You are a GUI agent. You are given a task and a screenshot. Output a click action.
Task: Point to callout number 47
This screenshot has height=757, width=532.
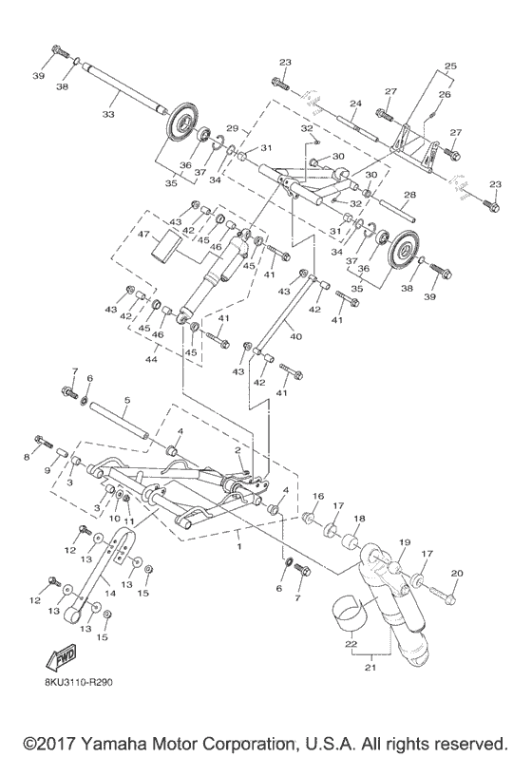click(144, 234)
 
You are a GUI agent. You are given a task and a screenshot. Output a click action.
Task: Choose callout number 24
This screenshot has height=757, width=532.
click(353, 104)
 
